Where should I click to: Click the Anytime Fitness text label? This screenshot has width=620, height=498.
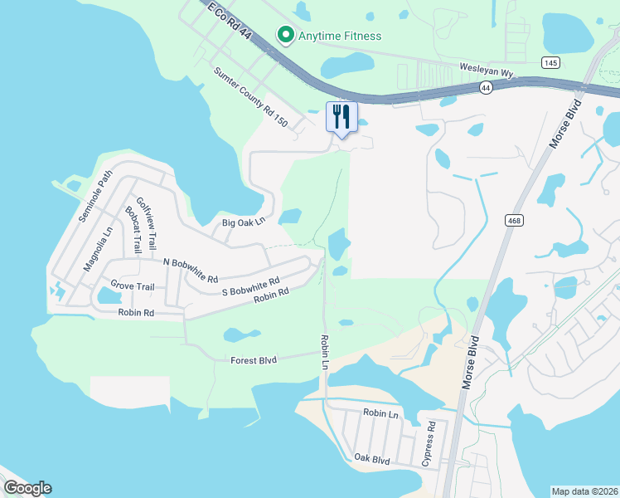coord(340,36)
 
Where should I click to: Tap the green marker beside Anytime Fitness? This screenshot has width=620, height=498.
coord(286,35)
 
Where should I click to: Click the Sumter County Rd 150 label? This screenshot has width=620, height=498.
coord(250,98)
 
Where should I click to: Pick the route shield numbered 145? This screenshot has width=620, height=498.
coord(550,63)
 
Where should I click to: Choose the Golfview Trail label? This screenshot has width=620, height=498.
coord(145,220)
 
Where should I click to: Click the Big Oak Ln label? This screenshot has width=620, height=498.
coord(243,222)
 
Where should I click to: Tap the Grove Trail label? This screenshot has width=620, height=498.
coord(133,286)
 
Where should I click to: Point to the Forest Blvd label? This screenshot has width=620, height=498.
coord(254,359)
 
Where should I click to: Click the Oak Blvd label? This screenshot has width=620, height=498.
coord(372,458)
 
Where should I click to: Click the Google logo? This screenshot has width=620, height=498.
coord(27,488)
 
